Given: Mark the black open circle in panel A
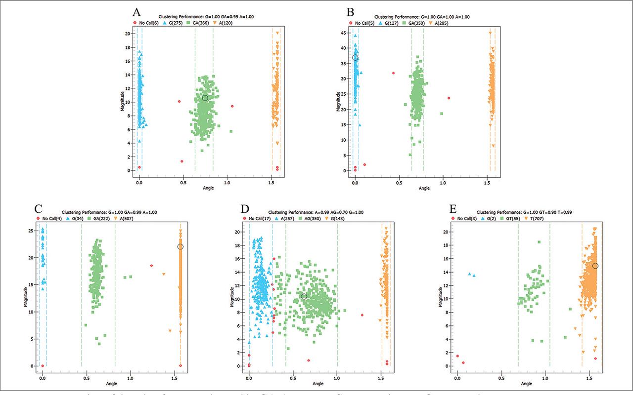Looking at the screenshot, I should point(205,98).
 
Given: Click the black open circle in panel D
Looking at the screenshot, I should point(304,296).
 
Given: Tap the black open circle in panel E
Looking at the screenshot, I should point(595,266).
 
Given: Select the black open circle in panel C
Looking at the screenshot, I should point(180,246).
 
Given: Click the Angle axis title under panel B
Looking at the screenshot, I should point(424,188).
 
